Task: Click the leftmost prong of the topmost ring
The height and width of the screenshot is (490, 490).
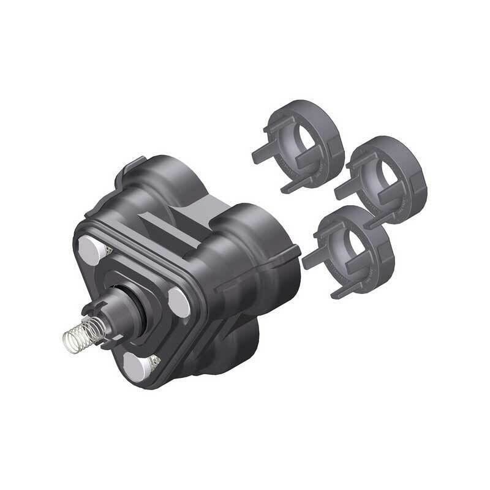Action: pos(260,153)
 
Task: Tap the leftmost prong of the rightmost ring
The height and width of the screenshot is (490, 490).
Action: pos(343,189)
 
